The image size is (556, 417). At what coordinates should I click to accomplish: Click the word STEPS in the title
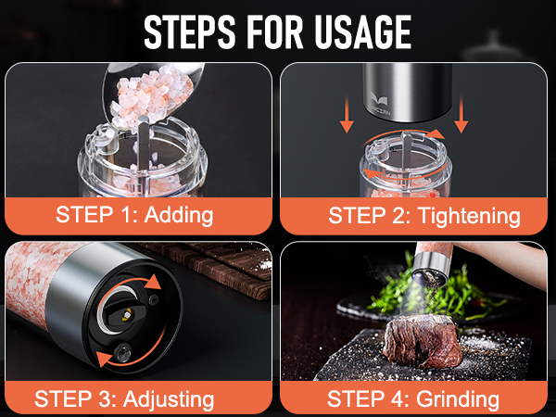pyautogui.click(x=190, y=32)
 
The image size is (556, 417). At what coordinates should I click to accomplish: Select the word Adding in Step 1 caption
pyautogui.click(x=179, y=215)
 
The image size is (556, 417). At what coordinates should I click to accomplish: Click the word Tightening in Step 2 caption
pyautogui.click(x=469, y=216)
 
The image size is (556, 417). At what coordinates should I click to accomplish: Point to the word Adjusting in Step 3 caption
pyautogui.click(x=169, y=399)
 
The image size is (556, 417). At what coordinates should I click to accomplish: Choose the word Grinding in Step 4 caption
pyautogui.click(x=458, y=399)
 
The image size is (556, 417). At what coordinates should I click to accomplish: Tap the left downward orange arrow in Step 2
pyautogui.click(x=347, y=114)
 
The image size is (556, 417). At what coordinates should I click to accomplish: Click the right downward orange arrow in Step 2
pyautogui.click(x=461, y=114)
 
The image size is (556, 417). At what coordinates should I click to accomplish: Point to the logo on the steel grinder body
pyautogui.click(x=379, y=102)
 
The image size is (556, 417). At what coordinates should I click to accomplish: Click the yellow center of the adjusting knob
pyautogui.click(x=127, y=314)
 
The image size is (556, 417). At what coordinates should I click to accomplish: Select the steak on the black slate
pyautogui.click(x=423, y=340)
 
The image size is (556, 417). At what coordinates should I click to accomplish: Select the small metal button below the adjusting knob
pyautogui.click(x=123, y=352)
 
